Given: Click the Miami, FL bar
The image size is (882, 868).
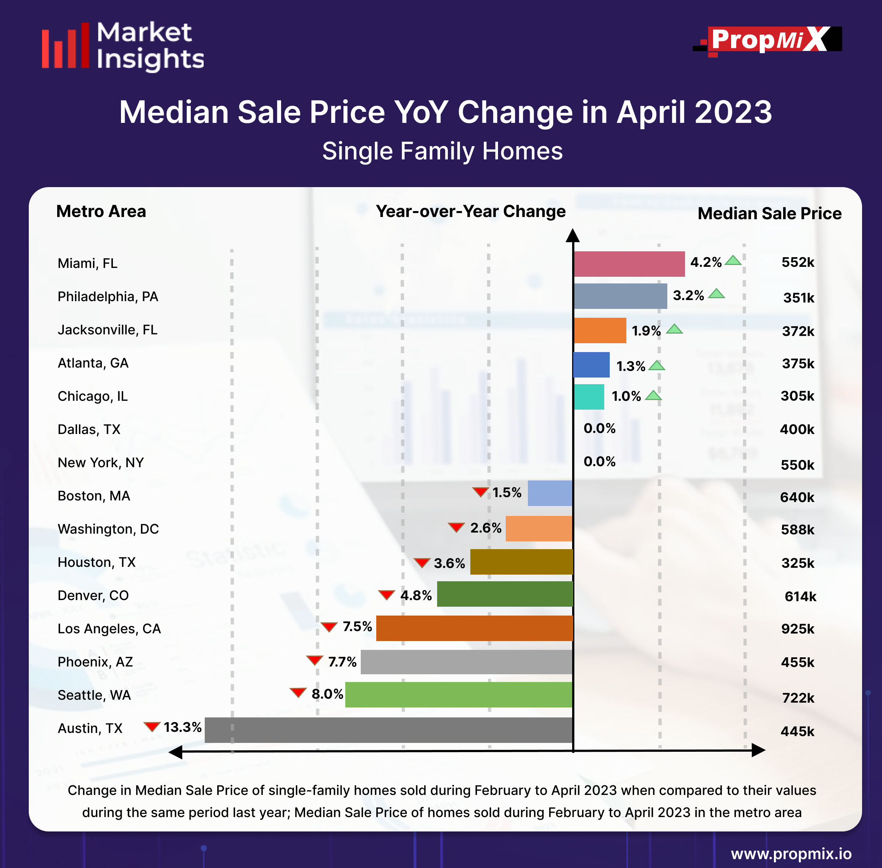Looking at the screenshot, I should point(629,264).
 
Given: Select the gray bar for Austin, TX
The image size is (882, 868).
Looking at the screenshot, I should point(388,730).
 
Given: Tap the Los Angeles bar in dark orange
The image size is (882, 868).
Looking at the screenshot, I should point(474,628).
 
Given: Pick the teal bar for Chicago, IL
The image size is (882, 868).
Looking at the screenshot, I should point(589,397).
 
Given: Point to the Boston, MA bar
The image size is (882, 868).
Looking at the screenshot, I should point(550,493).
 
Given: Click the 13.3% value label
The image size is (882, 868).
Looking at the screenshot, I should point(182,727).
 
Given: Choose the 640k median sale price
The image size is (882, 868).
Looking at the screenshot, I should point(797,497).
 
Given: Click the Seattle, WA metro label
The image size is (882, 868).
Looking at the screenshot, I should point(94,695).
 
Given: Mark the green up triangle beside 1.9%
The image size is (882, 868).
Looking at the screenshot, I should point(674,329).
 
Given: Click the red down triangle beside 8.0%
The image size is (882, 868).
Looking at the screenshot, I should point(298,692).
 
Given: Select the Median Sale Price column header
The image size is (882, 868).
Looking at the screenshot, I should point(769,213).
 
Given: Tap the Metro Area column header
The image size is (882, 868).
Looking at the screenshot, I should point(101,211).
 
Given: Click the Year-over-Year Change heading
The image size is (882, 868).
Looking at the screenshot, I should point(471,211).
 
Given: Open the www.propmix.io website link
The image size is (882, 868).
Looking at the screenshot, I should point(791,853).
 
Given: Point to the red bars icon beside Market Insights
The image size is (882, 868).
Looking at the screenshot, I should point(66,46).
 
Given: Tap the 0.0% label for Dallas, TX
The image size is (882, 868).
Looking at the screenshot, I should point(599,428).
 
